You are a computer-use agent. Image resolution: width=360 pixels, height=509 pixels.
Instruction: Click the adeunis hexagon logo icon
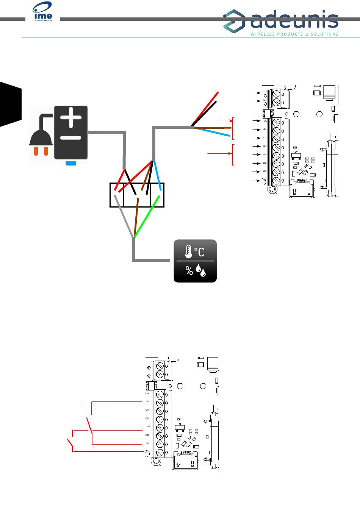tap(234, 21)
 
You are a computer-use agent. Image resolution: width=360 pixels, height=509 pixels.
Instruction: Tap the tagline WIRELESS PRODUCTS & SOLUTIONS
tap(294, 34)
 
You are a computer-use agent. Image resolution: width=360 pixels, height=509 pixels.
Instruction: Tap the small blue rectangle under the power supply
tap(71, 163)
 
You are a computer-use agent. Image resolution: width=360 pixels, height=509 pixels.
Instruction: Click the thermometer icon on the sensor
tap(188, 251)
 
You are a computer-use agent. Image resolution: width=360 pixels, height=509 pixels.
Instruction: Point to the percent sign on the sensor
tap(189, 270)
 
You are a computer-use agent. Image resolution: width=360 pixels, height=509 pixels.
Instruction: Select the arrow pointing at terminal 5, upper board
tap(257, 138)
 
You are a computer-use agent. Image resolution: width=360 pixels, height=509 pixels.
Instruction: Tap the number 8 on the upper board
tap(265, 163)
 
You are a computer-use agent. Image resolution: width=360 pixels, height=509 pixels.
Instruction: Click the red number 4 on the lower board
tap(147, 401)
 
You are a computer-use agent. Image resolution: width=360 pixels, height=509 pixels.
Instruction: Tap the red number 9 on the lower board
tap(147, 443)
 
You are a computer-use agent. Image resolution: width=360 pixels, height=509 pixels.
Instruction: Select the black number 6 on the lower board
tap(147, 418)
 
